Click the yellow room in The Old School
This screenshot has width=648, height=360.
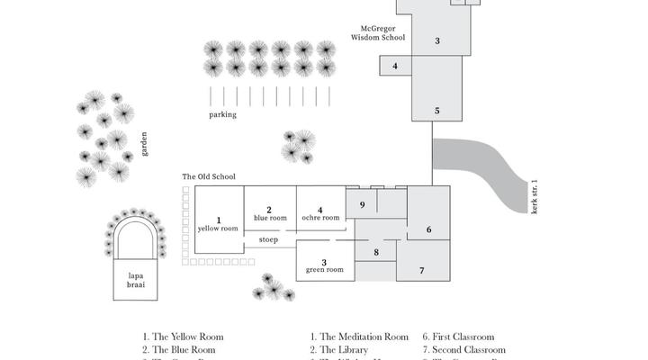pyautogui.click(x=219, y=224)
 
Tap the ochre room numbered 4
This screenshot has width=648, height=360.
pyautogui.click(x=320, y=212)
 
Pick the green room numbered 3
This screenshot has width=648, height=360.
pyautogui.click(x=324, y=265)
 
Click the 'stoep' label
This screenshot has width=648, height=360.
pyautogui.click(x=268, y=239)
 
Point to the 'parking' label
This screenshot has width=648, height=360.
pyautogui.click(x=222, y=115)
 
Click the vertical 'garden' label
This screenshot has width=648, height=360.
pyautogui.click(x=142, y=141)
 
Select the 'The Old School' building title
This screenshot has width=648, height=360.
pyautogui.click(x=209, y=176)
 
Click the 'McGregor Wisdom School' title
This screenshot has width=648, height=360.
pyautogui.click(x=377, y=34)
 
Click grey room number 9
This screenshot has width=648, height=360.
pyautogui.click(x=362, y=205)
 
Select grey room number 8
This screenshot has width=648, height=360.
pyautogui.click(x=376, y=253)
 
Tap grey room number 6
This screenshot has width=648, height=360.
pyautogui.click(x=428, y=229)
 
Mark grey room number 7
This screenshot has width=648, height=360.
pyautogui.click(x=421, y=270)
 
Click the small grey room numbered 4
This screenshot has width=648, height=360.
pyautogui.click(x=395, y=66)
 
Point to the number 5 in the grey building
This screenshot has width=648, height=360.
pyautogui.click(x=437, y=111)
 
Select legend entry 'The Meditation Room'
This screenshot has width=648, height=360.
pyautogui.click(x=359, y=337)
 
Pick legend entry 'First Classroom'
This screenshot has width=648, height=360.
pyautogui.click(x=463, y=337)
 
